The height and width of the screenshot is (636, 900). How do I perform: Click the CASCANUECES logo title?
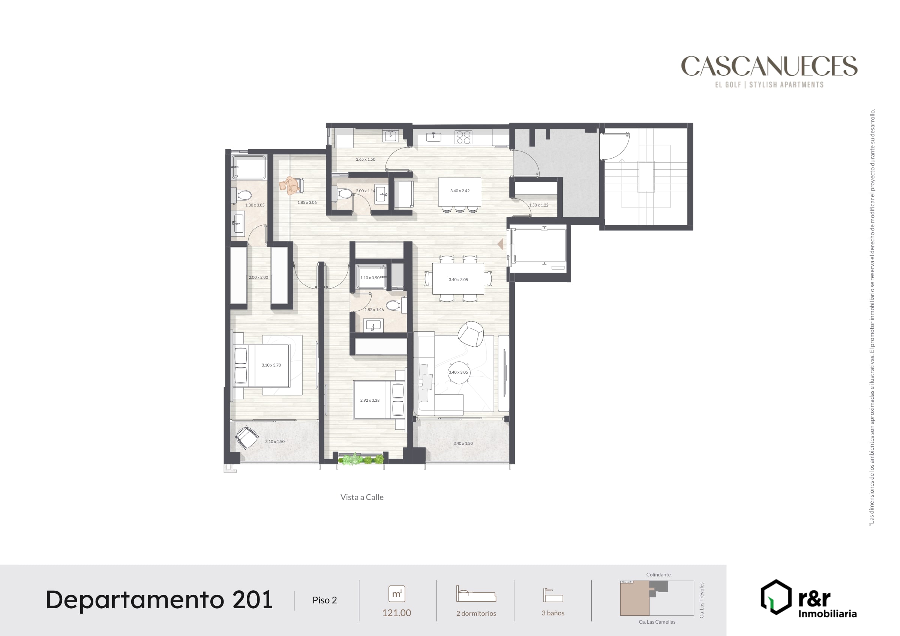point(769,66)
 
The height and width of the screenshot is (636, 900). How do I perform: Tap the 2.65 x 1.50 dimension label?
point(365,160)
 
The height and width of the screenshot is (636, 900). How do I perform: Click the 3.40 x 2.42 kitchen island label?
point(460,191)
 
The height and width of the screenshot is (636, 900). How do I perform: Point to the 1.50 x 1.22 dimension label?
point(538,205)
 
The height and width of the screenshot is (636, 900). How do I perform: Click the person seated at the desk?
point(291,186)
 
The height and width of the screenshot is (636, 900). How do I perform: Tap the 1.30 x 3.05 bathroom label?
point(255,205)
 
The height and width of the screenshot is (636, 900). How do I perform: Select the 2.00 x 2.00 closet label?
point(258,277)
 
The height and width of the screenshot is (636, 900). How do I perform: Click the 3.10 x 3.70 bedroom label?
point(271,365)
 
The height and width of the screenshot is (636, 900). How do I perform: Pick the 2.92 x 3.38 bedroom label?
point(370,401)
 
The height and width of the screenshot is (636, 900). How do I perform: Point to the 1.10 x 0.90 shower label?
point(370,278)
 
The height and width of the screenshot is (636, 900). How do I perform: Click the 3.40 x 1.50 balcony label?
point(463,444)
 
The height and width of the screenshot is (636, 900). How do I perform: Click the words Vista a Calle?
point(362,497)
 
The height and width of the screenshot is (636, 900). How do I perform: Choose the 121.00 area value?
point(396,613)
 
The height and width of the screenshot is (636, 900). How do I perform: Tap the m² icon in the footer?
point(396,594)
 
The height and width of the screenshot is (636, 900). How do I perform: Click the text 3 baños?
point(553,613)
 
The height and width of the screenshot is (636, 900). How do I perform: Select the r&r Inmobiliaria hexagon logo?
point(776,597)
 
